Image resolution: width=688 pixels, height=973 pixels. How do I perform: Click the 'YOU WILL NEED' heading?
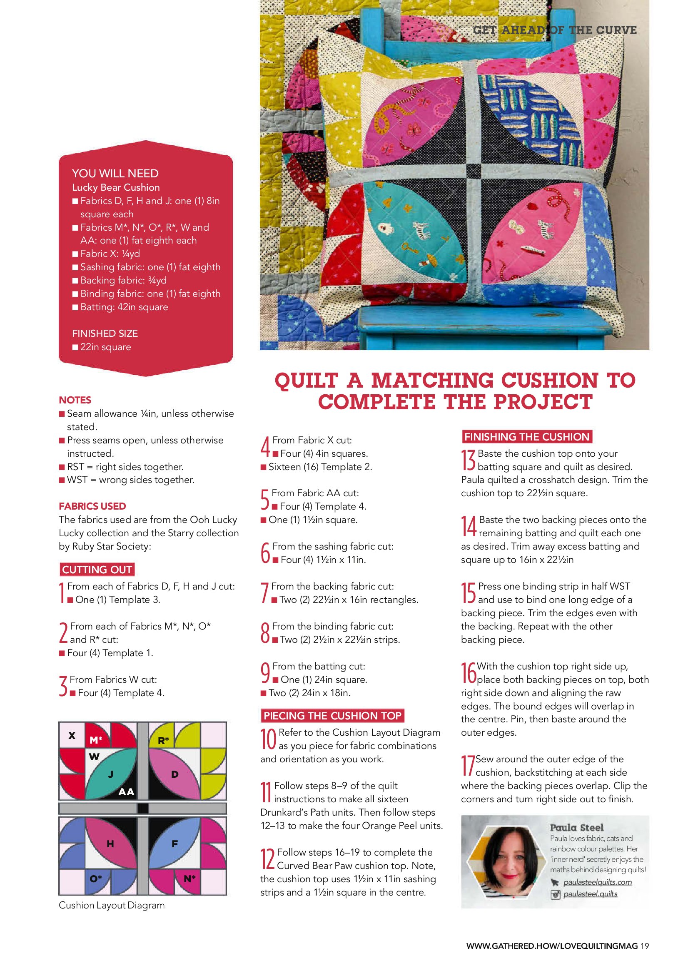[x=115, y=173]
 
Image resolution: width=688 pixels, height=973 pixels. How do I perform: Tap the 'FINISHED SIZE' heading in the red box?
[x=105, y=333]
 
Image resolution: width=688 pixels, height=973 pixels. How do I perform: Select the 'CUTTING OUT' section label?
[x=97, y=570]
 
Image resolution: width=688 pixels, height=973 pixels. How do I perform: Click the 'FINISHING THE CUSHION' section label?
[x=526, y=437]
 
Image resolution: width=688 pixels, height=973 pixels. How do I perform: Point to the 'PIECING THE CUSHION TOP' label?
[x=332, y=716]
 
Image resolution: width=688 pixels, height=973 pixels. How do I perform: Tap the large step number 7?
[x=264, y=593]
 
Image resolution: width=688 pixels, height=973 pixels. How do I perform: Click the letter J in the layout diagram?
[x=111, y=775]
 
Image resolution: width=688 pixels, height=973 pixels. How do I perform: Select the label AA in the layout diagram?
[x=126, y=791]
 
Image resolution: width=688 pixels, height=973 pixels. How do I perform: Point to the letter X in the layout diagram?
[x=72, y=735]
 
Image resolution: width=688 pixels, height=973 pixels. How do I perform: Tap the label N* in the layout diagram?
[x=189, y=879]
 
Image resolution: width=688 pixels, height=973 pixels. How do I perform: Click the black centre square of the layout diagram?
[x=143, y=808]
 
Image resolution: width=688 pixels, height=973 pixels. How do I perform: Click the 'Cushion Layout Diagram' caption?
[x=112, y=905]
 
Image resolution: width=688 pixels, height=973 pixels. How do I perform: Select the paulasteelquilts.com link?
[x=597, y=882]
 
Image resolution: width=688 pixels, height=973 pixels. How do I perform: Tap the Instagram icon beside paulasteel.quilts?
[x=555, y=894]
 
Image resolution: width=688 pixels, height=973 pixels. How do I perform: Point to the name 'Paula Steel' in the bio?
[x=576, y=828]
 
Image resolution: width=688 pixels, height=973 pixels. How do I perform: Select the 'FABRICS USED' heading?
[x=92, y=506]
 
